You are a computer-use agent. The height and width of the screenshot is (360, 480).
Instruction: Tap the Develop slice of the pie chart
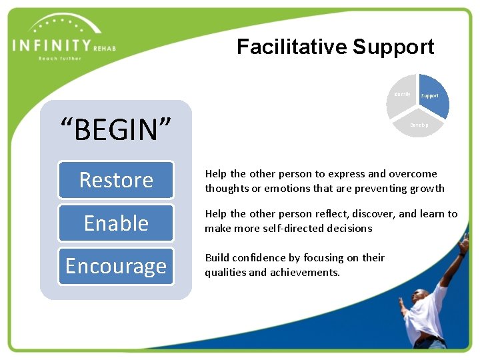(419, 123)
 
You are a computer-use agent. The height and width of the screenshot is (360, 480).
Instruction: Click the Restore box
(116, 180)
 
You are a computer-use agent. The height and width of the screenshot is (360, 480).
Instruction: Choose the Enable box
(116, 223)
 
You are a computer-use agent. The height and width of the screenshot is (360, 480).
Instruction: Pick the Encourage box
(116, 266)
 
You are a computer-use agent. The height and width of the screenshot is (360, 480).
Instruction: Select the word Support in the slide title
(393, 47)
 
